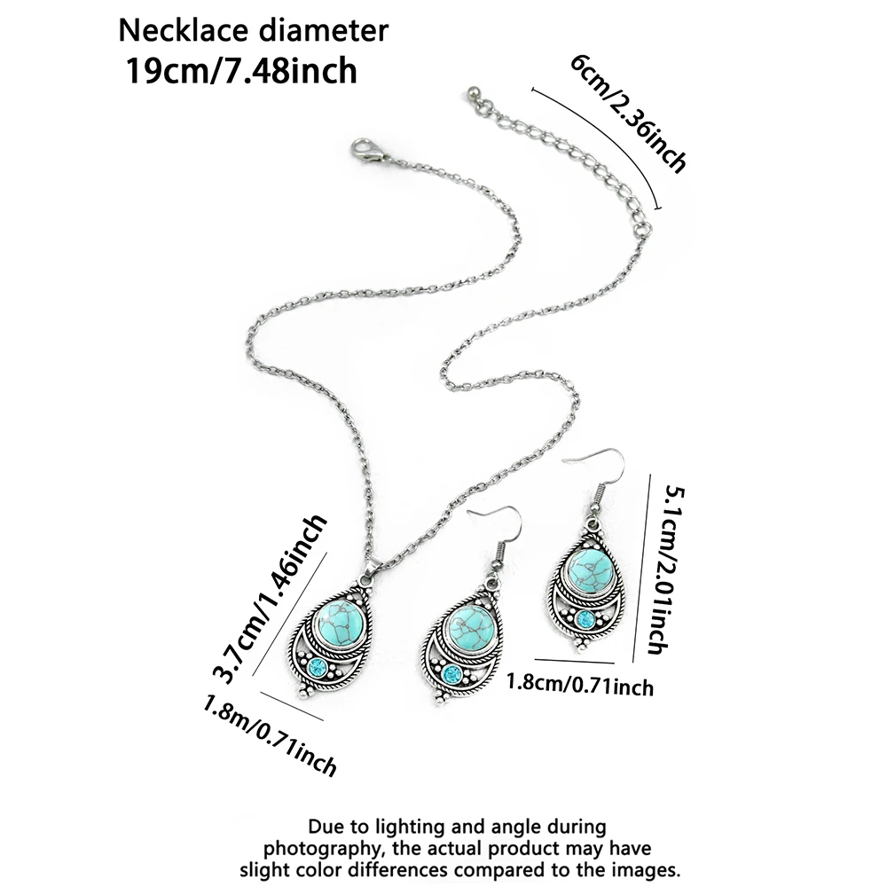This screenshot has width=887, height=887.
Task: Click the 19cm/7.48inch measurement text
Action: pos(241,69)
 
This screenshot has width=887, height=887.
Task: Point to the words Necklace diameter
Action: pos(254,30)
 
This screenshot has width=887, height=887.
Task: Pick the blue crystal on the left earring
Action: pos(451,675)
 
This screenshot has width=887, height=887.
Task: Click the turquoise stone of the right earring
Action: pos(588,568)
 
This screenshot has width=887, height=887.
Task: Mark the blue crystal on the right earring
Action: pos(585,618)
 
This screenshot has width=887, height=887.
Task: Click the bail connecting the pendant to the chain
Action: pos(370,567)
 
